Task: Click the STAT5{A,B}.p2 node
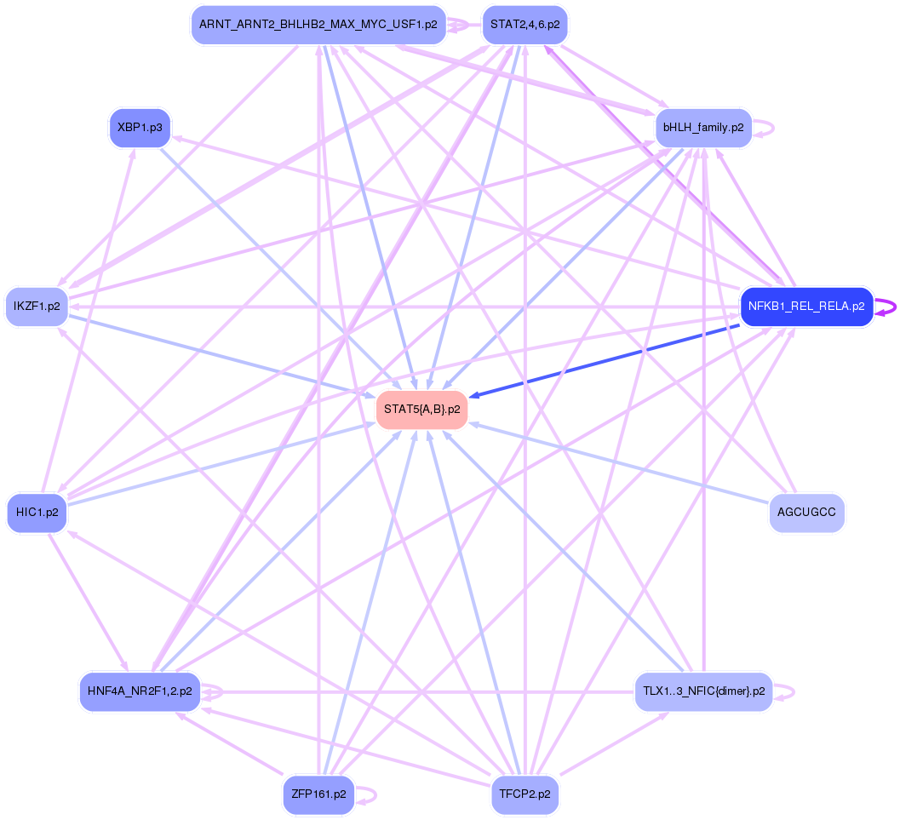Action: click(x=422, y=410)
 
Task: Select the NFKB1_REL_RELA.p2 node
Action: click(x=806, y=307)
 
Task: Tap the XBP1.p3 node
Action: click(x=140, y=128)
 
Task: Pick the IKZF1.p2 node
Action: click(x=37, y=307)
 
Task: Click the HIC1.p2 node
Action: click(x=37, y=513)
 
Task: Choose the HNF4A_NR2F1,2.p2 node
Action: click(x=140, y=691)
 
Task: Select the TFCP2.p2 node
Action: click(x=525, y=794)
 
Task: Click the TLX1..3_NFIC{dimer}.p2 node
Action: click(x=703, y=691)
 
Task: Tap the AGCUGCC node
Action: click(x=806, y=513)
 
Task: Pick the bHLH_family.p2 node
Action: click(x=703, y=128)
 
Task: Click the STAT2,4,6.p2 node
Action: click(x=525, y=25)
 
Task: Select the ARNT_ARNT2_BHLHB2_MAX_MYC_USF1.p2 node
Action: click(x=318, y=25)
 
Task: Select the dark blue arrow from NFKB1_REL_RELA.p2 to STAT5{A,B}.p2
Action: click(x=605, y=359)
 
